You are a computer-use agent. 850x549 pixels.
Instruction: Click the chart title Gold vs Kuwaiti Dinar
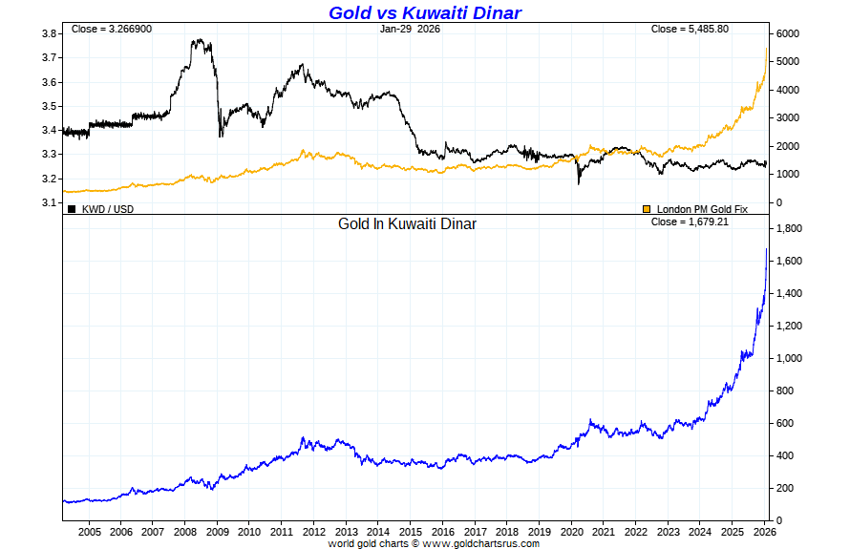click(x=425, y=12)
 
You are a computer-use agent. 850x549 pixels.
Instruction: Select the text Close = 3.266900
click(x=111, y=29)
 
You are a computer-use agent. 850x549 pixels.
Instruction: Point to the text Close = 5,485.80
click(x=690, y=29)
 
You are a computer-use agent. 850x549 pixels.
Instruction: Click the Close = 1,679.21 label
click(x=690, y=222)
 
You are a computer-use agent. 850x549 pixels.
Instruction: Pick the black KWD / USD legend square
click(x=72, y=208)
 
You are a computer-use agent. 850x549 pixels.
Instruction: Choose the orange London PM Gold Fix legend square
click(x=647, y=208)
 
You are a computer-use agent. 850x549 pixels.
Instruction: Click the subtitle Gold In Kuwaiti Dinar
click(x=407, y=224)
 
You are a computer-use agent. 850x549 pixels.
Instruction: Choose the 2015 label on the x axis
click(x=411, y=531)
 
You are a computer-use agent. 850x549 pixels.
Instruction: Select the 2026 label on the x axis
click(x=765, y=531)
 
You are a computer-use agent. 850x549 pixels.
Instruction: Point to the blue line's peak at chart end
click(x=767, y=249)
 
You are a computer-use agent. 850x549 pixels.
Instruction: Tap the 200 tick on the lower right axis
click(x=787, y=488)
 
